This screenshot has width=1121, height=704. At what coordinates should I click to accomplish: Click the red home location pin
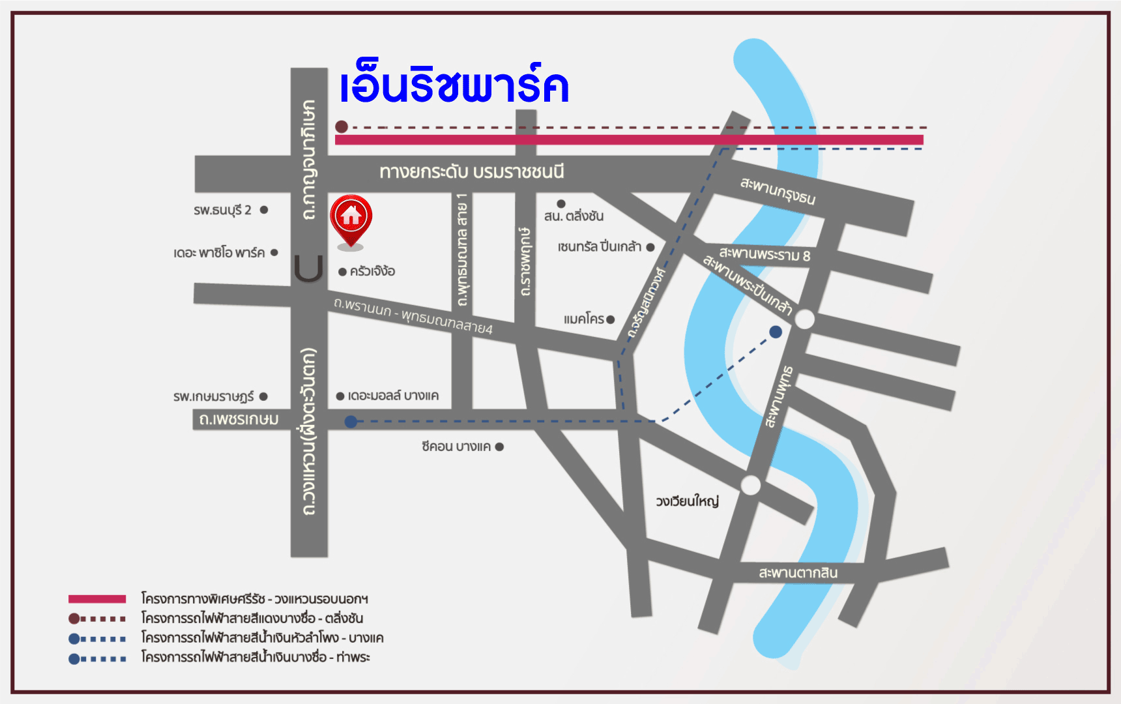pos(351,218)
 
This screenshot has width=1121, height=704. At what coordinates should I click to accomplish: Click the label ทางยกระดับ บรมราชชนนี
pos(472,172)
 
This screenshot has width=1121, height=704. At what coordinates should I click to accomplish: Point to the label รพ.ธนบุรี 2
pos(223,210)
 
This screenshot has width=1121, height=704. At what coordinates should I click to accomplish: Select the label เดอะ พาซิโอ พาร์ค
pos(219,252)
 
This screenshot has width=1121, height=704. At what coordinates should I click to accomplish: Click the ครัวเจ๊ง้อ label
pos(372,271)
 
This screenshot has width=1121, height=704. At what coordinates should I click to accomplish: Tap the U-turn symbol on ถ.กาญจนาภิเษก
pos(308,268)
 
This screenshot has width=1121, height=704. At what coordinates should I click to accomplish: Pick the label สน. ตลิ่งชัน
pos(574,216)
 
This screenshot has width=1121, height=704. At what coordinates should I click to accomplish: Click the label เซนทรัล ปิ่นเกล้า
pos(600,246)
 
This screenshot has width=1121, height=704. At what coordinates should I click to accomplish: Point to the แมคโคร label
pos(584,319)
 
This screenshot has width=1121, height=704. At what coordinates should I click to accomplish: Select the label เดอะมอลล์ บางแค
pos(393,396)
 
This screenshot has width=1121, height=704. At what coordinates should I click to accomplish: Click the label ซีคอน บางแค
pos(456,447)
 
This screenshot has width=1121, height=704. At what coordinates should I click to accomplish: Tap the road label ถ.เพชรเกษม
pos(239,419)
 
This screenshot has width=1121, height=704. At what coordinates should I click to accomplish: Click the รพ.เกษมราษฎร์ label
pos(214,396)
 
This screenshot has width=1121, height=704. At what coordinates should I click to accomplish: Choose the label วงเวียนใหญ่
pos(687,501)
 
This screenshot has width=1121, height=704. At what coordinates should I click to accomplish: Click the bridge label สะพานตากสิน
pos(798,572)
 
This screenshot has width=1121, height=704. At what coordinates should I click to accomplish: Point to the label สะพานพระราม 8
pos(764,254)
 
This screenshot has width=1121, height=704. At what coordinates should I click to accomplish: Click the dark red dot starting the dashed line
pos(342,126)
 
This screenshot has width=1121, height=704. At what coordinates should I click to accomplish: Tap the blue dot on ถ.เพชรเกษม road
pos(351,422)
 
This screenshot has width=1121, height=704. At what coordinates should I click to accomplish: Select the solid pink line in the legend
pos(97,598)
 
